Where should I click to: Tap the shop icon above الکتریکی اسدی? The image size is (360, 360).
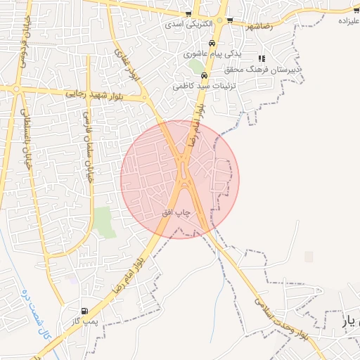(188, 14)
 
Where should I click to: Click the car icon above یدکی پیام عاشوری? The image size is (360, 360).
(212, 42)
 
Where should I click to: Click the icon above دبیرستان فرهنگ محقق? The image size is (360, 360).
(262, 59)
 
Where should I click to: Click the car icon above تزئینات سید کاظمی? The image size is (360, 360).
(204, 76)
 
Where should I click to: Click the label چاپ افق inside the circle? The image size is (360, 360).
(183, 211)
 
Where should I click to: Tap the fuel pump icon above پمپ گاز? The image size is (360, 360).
(85, 311)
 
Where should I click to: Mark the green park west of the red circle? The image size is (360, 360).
(104, 221)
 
